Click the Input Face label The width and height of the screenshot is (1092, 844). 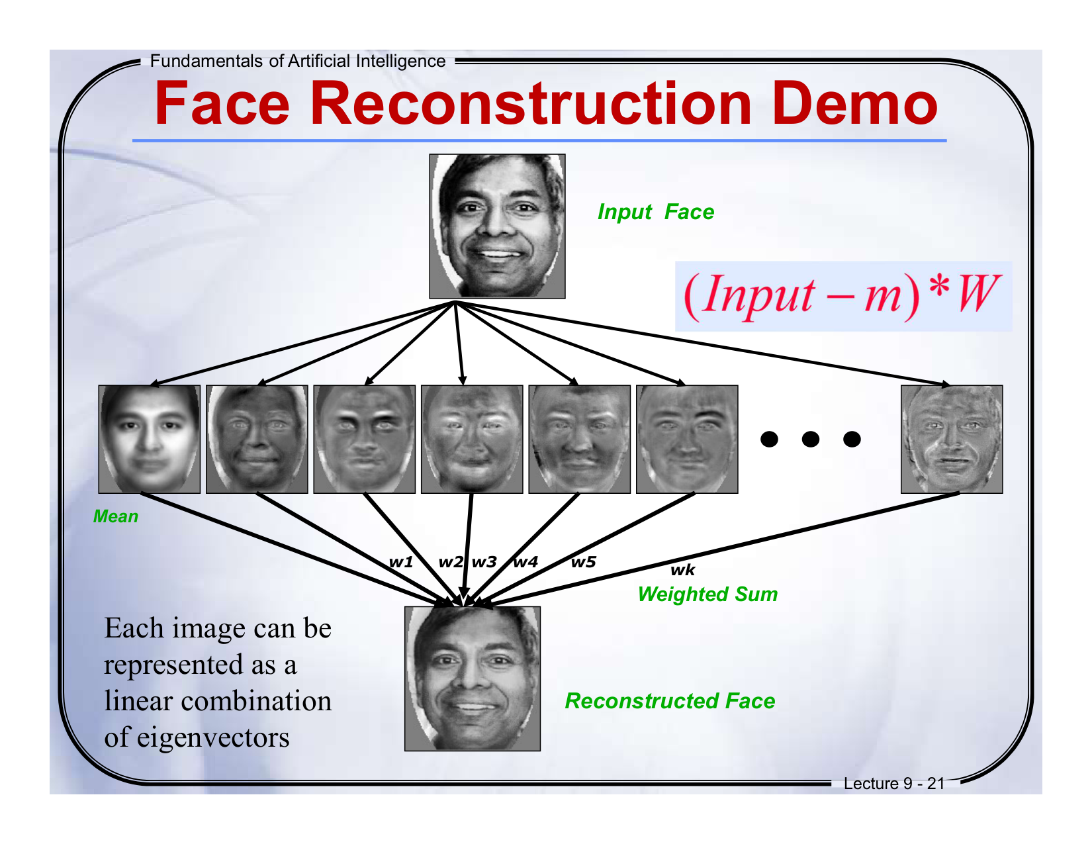(x=655, y=212)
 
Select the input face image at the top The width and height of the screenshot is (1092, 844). (x=497, y=226)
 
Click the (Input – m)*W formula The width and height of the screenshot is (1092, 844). (x=842, y=295)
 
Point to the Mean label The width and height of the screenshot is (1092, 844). (x=116, y=516)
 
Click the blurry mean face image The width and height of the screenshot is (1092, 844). (x=150, y=439)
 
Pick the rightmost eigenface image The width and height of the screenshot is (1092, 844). (x=952, y=439)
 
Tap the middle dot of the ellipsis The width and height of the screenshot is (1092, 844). (x=810, y=439)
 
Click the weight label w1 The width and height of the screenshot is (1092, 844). (x=401, y=562)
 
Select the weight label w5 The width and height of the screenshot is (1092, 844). (x=583, y=562)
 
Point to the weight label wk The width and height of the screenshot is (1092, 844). (x=683, y=570)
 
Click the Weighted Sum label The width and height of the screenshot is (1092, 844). (x=707, y=594)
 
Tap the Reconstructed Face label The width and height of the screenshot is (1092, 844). (x=670, y=701)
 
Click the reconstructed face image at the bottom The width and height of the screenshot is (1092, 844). (x=473, y=679)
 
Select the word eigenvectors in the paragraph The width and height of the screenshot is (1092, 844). (x=213, y=737)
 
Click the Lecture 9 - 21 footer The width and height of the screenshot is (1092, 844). (x=893, y=784)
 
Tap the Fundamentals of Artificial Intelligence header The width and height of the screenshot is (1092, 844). (x=298, y=61)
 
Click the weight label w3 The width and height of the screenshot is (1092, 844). (x=484, y=562)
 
